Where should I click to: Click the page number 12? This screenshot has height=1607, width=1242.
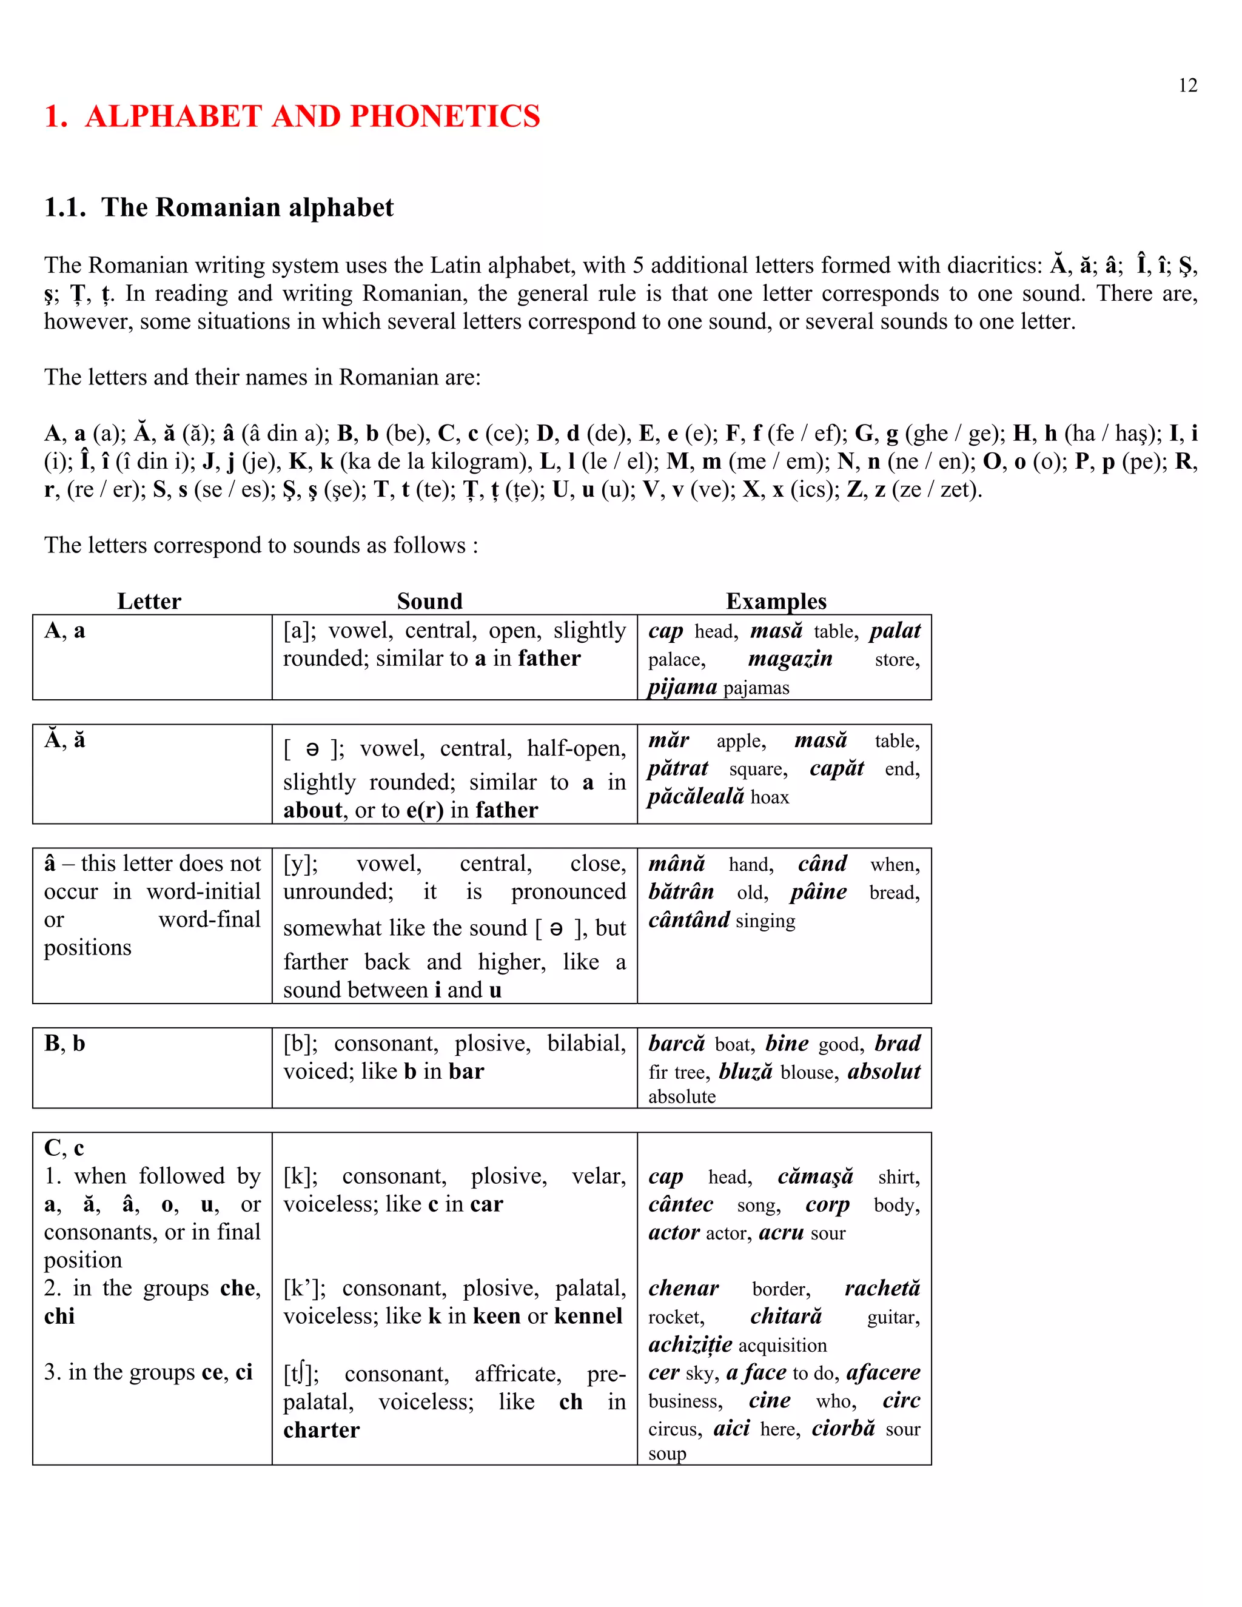pyautogui.click(x=1187, y=86)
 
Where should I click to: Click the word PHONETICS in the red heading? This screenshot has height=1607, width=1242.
pyautogui.click(x=445, y=116)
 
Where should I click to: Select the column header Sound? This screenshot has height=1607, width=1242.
pyautogui.click(x=430, y=601)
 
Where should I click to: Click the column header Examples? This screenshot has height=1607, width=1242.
pyautogui.click(x=776, y=601)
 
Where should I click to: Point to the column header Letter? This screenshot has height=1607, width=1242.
pyautogui.click(x=149, y=601)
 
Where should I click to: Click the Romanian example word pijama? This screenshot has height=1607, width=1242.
pyautogui.click(x=682, y=686)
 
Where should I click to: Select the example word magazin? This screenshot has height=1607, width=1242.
pyautogui.click(x=790, y=659)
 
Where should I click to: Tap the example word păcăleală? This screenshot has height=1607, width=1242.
pyautogui.click(x=696, y=796)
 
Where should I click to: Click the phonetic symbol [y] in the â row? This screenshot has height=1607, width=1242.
pyautogui.click(x=300, y=864)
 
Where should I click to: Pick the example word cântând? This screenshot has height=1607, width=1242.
pyautogui.click(x=689, y=920)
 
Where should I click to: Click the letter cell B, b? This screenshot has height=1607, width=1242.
pyautogui.click(x=65, y=1044)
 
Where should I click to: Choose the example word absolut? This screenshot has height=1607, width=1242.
pyautogui.click(x=883, y=1072)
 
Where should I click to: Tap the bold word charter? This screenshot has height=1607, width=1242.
pyautogui.click(x=321, y=1430)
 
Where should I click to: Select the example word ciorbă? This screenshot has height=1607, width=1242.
pyautogui.click(x=843, y=1428)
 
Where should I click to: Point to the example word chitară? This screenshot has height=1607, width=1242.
pyautogui.click(x=786, y=1317)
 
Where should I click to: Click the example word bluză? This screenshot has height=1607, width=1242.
pyautogui.click(x=745, y=1072)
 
